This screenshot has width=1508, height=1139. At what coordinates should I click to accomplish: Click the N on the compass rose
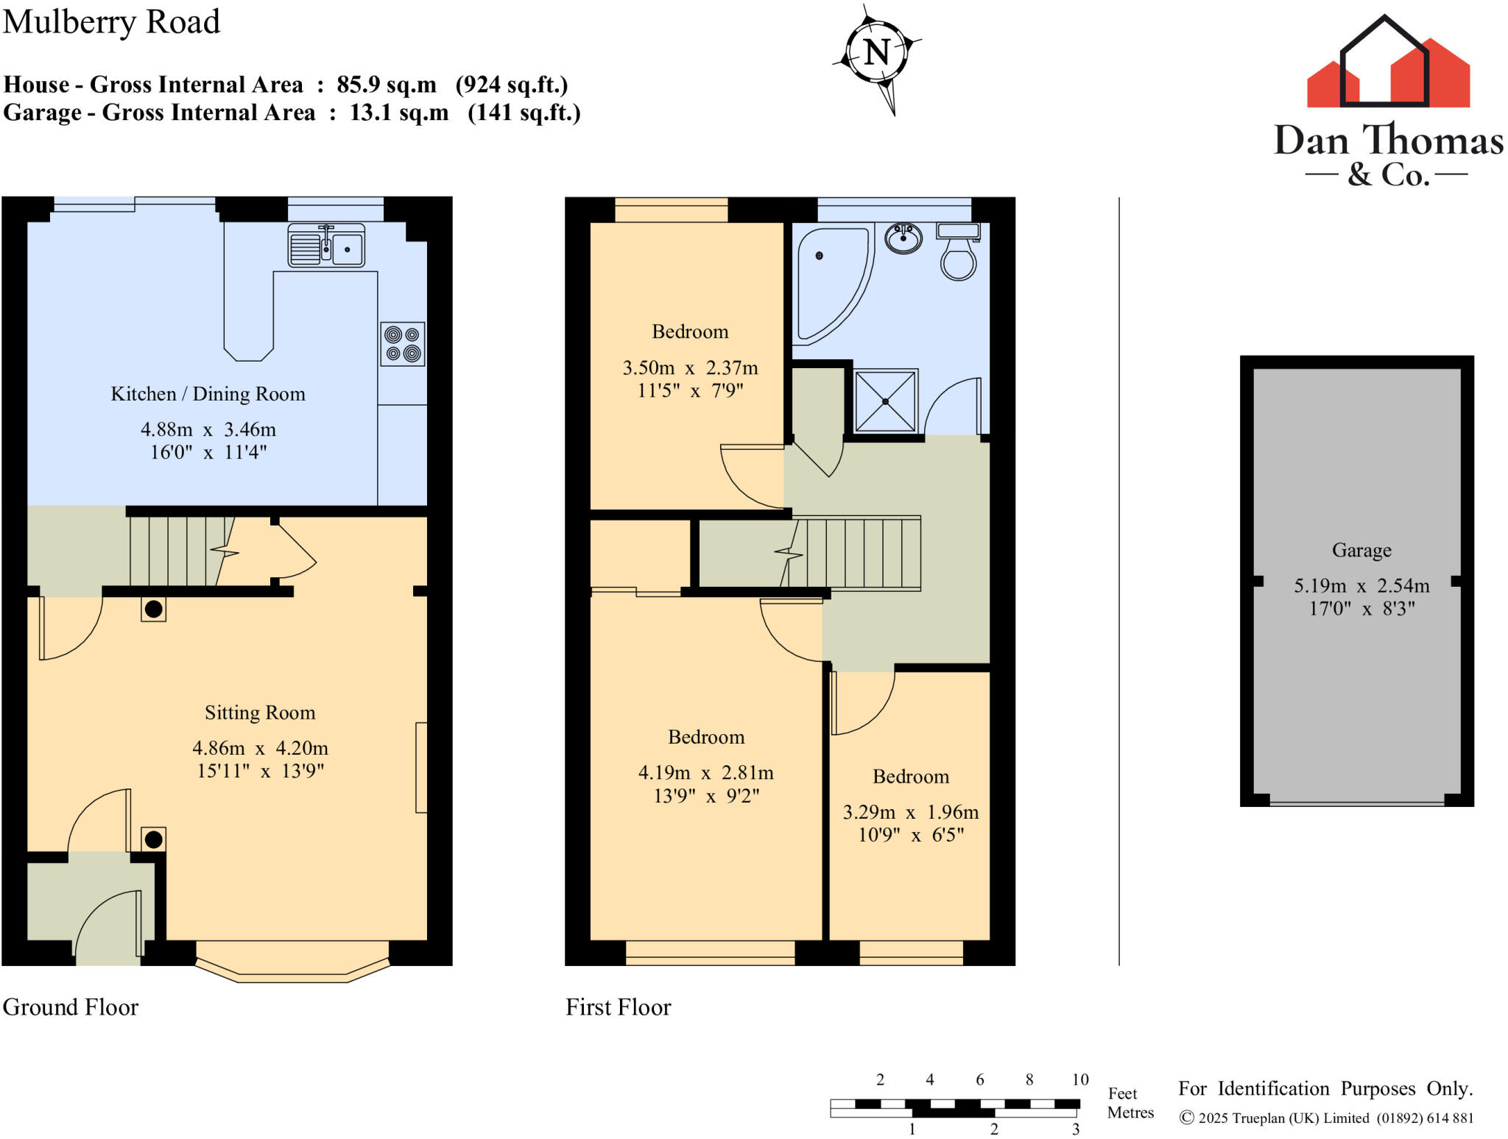coord(876,52)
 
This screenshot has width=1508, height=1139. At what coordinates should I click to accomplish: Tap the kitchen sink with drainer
coord(326,246)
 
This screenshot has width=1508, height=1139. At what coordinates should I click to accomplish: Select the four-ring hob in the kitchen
coord(403,344)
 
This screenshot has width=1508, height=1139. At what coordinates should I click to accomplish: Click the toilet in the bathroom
coord(958,254)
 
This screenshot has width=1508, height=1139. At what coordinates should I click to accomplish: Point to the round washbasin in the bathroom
coord(903,239)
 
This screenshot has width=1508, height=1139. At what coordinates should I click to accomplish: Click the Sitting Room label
coord(260,713)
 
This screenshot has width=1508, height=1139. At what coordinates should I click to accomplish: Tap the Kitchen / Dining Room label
coord(208,394)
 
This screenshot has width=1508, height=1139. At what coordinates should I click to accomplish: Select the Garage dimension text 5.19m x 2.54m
coord(1361,586)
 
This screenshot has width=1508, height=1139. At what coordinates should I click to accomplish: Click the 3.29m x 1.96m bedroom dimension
coord(911,812)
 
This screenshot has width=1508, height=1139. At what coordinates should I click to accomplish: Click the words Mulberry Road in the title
coord(111,22)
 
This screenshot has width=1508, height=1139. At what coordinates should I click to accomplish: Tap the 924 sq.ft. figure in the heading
coord(512,85)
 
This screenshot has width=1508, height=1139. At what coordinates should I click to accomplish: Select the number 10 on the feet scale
coord(1079,1079)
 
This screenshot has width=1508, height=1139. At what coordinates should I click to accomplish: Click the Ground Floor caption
coord(71,1006)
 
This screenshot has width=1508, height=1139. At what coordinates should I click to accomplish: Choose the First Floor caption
coord(619,1006)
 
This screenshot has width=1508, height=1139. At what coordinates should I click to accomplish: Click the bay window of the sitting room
coord(292,968)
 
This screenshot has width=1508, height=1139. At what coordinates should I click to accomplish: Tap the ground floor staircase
coord(177,551)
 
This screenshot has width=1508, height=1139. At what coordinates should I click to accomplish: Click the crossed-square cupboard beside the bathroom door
coord(885,401)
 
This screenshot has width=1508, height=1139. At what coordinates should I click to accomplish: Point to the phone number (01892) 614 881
coord(1425,1118)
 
